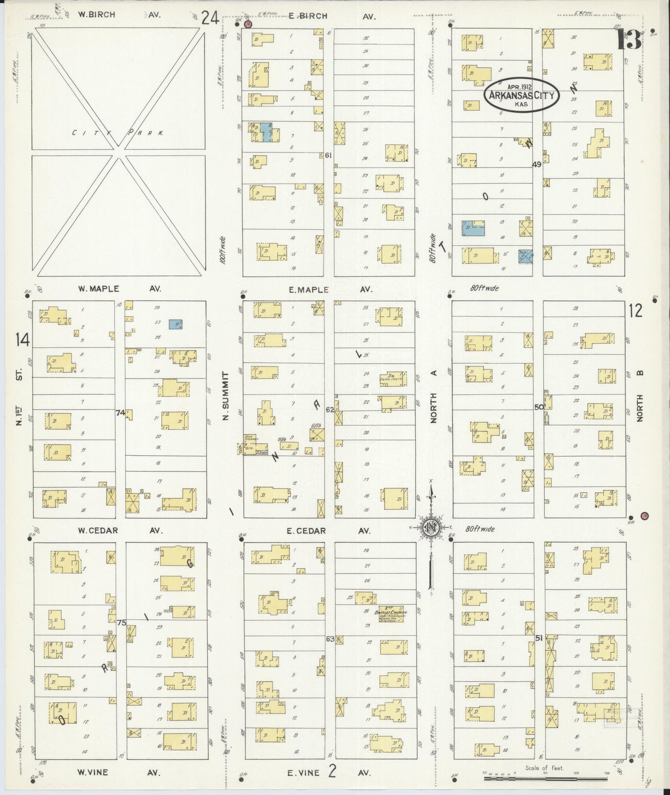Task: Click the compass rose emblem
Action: [431, 527]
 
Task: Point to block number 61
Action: [328, 155]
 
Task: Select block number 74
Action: [120, 413]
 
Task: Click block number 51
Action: [538, 638]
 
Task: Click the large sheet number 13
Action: [629, 40]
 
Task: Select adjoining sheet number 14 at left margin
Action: [22, 340]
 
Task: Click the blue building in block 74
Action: [176, 324]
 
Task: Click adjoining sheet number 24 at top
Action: [210, 18]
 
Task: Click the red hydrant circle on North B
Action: [644, 516]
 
